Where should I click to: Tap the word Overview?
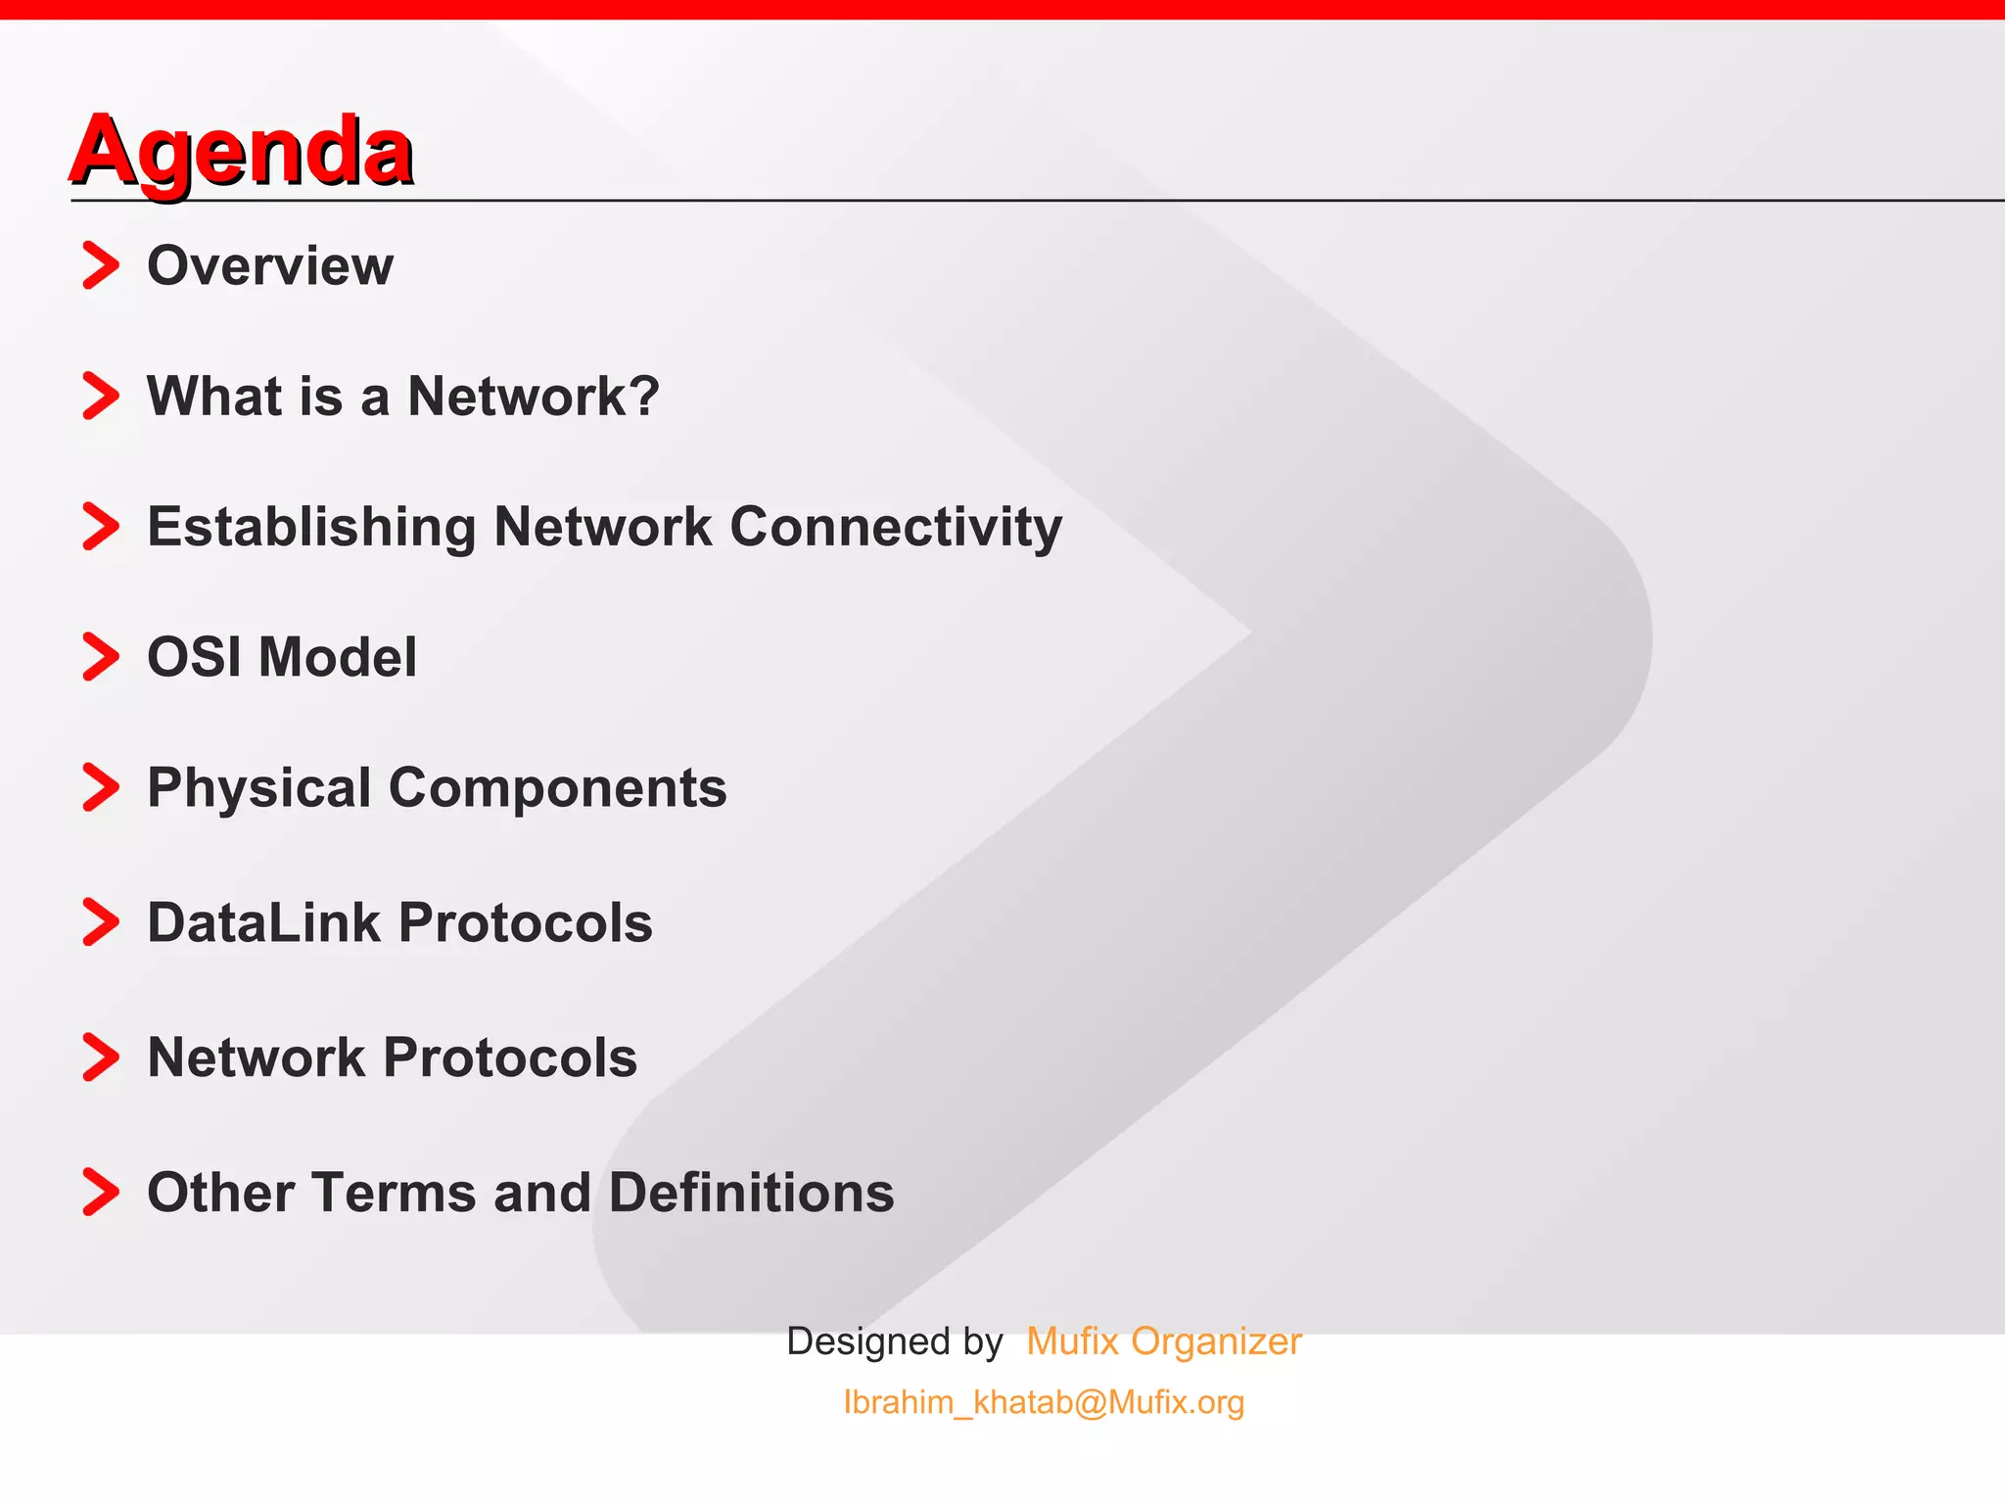(270, 265)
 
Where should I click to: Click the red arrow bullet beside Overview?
(101, 265)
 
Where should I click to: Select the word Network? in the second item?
(534, 396)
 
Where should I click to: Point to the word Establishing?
(311, 527)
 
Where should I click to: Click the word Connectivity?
(896, 527)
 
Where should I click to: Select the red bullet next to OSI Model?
(101, 656)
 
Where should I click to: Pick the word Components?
(558, 788)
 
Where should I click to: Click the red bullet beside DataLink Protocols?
(101, 922)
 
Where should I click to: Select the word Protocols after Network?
(510, 1057)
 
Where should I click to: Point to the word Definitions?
(751, 1193)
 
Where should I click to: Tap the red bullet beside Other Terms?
(101, 1192)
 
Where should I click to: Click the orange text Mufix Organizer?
(1164, 1341)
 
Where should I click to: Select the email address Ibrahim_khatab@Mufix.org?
(1044, 1402)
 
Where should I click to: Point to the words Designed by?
(895, 1341)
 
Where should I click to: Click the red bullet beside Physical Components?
(101, 787)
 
